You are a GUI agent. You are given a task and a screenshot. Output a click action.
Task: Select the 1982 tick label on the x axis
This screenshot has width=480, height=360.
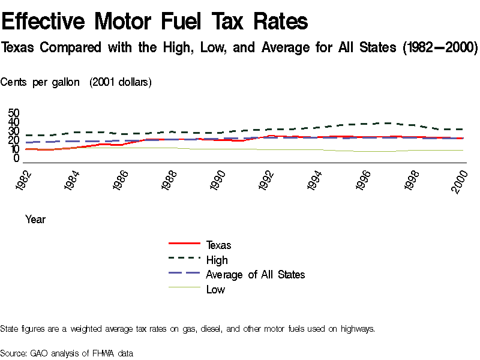click(25, 178)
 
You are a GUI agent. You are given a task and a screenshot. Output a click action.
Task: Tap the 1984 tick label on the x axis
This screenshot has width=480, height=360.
click(74, 178)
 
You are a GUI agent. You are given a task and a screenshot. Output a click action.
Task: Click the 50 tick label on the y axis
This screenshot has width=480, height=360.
click(14, 113)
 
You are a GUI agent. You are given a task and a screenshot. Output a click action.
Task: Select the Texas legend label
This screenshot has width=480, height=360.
click(218, 245)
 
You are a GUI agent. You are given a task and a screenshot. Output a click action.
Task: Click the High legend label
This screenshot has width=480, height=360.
click(217, 260)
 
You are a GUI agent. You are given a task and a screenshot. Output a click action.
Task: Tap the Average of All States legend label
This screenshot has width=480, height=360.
click(255, 275)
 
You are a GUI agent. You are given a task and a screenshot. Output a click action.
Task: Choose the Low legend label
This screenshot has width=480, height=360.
click(215, 290)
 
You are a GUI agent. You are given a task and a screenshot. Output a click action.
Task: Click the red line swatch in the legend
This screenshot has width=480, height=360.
click(184, 244)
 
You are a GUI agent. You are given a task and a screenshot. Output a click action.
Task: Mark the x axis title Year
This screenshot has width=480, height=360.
click(35, 220)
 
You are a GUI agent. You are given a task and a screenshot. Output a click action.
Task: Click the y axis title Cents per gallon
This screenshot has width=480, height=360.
click(40, 82)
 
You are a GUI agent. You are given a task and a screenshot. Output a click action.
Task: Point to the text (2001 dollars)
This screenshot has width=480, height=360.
click(121, 82)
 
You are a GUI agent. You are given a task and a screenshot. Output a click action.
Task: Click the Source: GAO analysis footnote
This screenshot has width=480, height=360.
click(67, 353)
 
